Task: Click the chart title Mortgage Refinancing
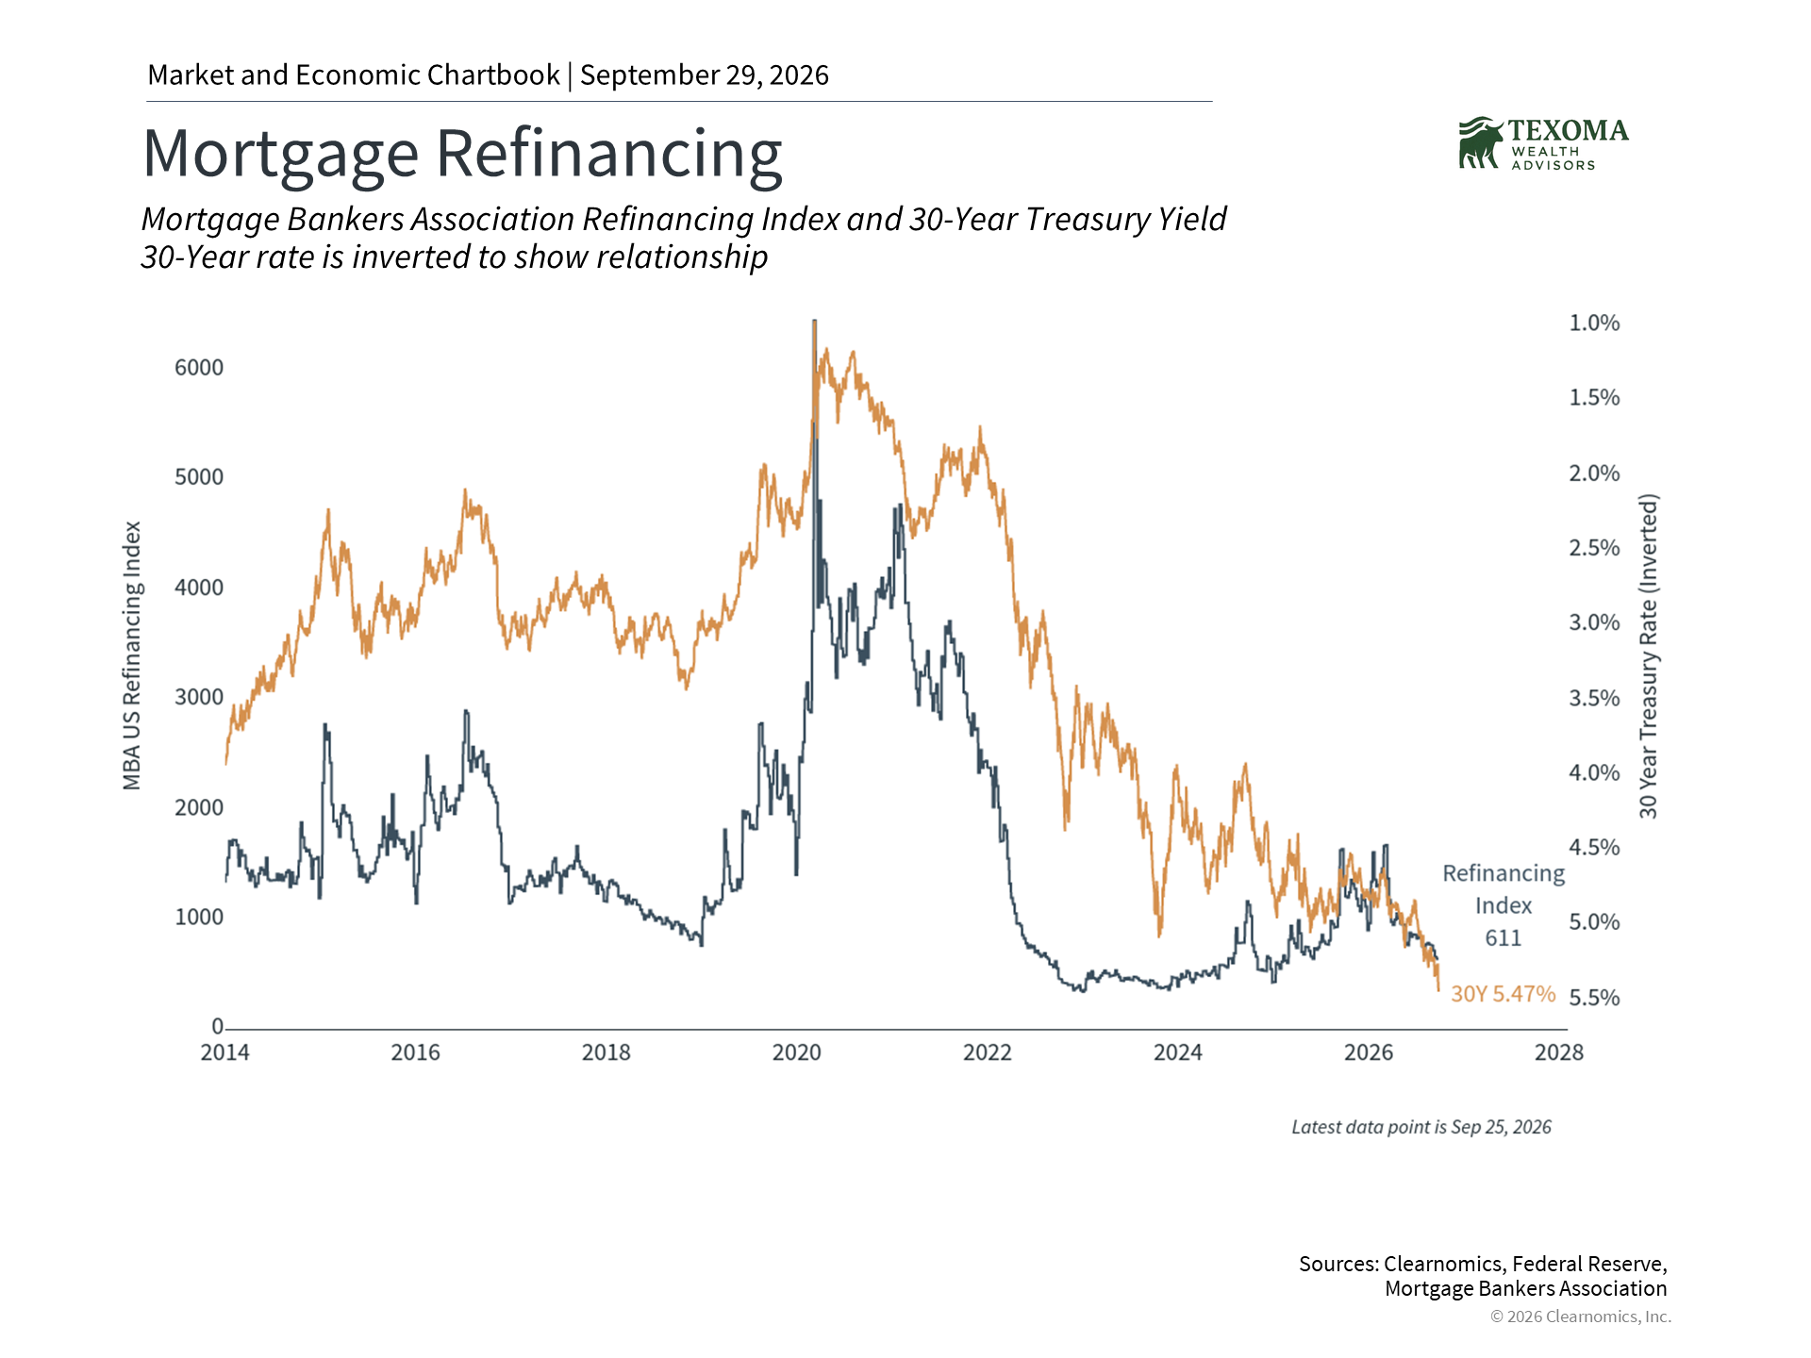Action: [x=462, y=154]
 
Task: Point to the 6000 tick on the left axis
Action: [x=199, y=368]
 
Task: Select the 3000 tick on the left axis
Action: [x=199, y=697]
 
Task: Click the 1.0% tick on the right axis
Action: [x=1594, y=323]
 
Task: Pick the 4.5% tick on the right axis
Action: [x=1594, y=847]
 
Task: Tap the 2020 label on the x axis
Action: [x=797, y=1052]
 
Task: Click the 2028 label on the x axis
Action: [x=1559, y=1052]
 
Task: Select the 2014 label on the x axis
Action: [x=224, y=1052]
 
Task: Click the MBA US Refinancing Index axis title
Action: [x=132, y=655]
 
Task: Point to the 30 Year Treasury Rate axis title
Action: [x=1648, y=655]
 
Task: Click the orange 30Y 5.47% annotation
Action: [x=1503, y=994]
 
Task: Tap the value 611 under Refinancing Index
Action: [x=1504, y=937]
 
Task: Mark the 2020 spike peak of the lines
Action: [x=815, y=322]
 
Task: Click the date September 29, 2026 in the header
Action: [x=705, y=75]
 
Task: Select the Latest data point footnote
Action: [x=1421, y=1127]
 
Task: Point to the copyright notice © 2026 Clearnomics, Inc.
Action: [x=1581, y=1317]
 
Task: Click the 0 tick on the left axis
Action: [x=218, y=1026]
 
